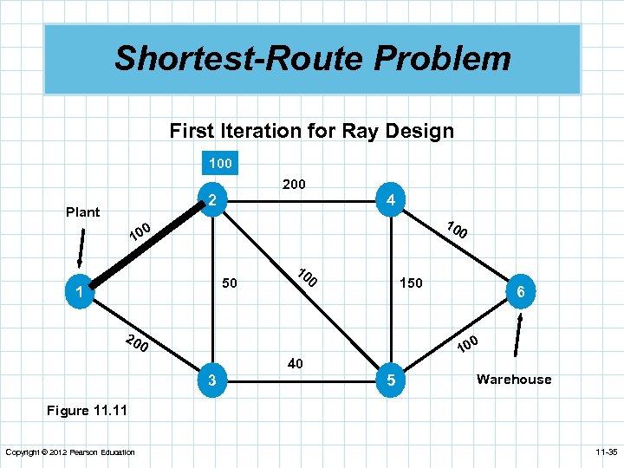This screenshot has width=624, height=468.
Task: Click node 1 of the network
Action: pos(79,294)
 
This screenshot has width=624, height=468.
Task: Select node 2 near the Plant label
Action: pos(211,200)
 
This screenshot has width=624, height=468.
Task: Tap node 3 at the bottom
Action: pos(211,380)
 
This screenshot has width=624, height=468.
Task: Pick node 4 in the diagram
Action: pos(391,200)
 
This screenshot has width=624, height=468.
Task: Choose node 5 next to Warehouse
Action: pos(391,380)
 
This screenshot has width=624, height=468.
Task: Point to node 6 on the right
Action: pos(520,294)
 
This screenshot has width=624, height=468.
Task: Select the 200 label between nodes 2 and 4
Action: pos(294,184)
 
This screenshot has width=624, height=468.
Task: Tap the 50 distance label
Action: pos(230,283)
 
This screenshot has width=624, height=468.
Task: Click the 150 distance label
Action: pos(411,283)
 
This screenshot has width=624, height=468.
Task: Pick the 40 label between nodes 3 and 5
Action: pos(295,364)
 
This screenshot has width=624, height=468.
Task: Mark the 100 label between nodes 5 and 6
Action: pos(467,343)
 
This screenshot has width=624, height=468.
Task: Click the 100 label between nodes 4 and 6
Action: pos(457,230)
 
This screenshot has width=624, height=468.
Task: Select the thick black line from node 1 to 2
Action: pos(143,245)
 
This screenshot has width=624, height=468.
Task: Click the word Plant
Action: pos(83,211)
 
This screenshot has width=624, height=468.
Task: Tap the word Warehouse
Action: pos(513,379)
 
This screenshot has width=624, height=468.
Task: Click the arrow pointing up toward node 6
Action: pos(519,335)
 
